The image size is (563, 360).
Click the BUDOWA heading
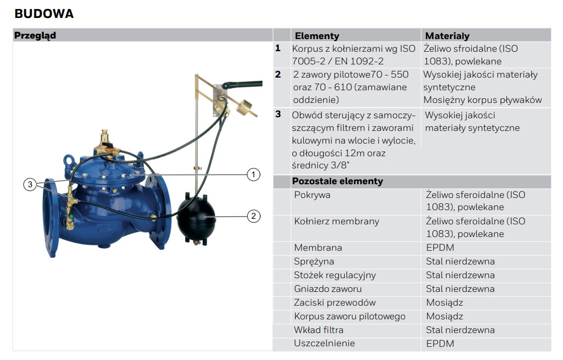click(x=44, y=14)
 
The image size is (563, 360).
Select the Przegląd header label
click(x=35, y=35)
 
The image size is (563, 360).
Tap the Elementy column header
click(x=317, y=35)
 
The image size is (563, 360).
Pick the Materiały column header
click(x=447, y=35)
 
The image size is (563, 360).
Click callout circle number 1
click(x=254, y=175)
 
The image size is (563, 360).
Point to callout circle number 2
click(x=254, y=216)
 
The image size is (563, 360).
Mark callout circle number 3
click(x=30, y=184)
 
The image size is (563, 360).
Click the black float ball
click(x=196, y=218)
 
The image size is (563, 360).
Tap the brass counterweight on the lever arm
click(x=246, y=106)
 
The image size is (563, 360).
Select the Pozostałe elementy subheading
click(x=337, y=181)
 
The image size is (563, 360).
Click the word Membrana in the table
click(x=318, y=248)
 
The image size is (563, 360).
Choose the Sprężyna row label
click(x=314, y=262)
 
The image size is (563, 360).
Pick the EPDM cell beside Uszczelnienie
click(x=440, y=344)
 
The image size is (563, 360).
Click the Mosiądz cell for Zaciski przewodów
click(x=445, y=302)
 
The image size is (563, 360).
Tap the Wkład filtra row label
click(x=318, y=330)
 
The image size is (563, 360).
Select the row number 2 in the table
click(x=278, y=74)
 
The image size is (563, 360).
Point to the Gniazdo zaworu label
click(x=328, y=289)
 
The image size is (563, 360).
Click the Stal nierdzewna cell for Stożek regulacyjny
click(x=461, y=275)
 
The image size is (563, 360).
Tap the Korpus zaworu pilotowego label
click(x=350, y=316)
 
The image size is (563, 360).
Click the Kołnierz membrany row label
click(x=336, y=222)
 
